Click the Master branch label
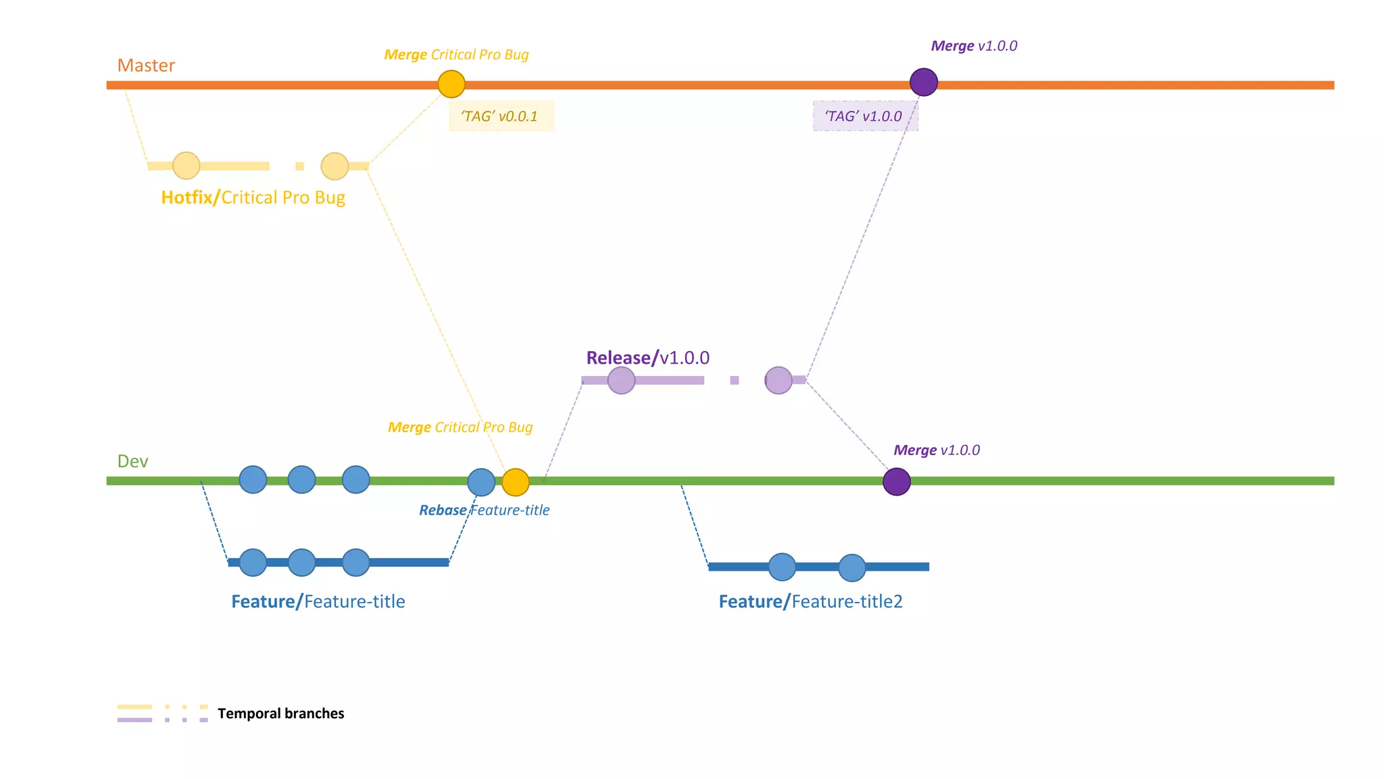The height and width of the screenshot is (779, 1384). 146,66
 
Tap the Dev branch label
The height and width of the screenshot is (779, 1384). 132,461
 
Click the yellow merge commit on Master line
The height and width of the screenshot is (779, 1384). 451,84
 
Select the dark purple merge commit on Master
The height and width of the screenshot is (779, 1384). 923,82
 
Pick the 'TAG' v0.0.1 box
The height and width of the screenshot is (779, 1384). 501,116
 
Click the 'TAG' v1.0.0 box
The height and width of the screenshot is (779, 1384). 865,116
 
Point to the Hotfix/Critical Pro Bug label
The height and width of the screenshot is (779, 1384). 253,197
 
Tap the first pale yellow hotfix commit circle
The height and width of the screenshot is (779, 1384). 186,166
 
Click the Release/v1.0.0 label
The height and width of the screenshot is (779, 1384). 647,358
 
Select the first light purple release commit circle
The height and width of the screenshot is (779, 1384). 621,381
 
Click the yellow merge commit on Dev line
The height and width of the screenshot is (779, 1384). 516,482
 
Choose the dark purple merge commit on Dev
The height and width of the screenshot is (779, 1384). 897,481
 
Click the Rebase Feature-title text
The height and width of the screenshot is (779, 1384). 484,511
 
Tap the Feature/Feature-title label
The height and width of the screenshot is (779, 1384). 318,602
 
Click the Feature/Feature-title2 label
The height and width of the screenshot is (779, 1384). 810,602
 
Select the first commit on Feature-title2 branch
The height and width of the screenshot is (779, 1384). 782,567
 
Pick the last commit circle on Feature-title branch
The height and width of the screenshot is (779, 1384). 355,563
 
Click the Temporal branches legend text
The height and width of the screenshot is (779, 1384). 280,713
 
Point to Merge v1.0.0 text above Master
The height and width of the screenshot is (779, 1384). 974,46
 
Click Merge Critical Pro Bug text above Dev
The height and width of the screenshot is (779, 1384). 460,427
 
